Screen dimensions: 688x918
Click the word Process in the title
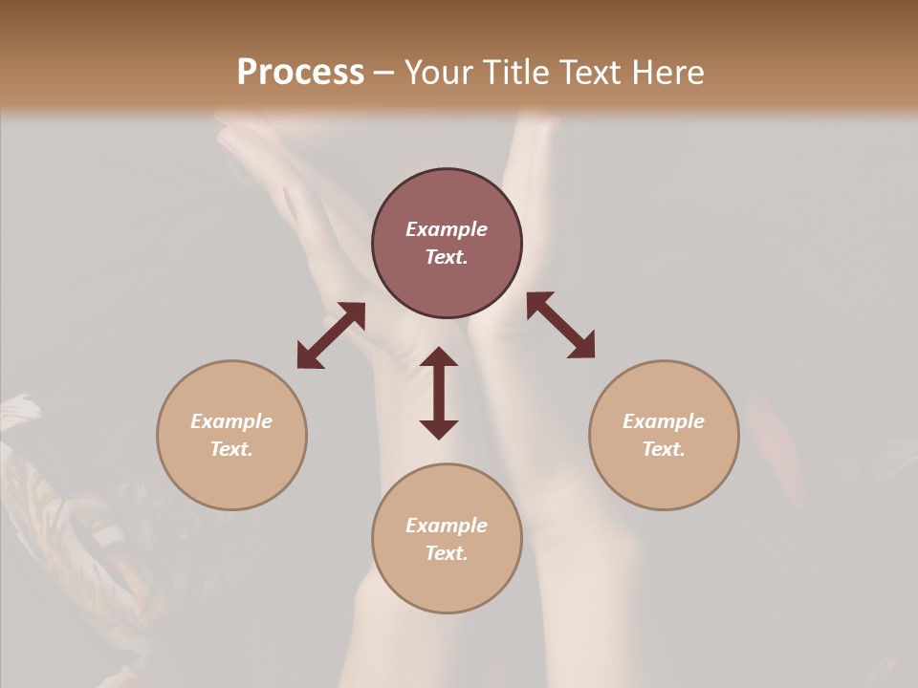(300, 73)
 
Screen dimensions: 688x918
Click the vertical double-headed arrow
(439, 393)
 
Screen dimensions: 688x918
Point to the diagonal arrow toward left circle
(331, 335)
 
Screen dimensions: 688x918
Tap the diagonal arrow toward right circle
(561, 325)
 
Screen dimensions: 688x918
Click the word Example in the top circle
(447, 229)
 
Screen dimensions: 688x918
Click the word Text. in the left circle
(231, 449)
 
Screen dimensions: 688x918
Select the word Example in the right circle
(664, 421)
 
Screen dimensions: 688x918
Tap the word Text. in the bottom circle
(447, 553)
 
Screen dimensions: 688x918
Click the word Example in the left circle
(231, 421)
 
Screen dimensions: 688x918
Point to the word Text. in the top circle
(447, 257)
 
